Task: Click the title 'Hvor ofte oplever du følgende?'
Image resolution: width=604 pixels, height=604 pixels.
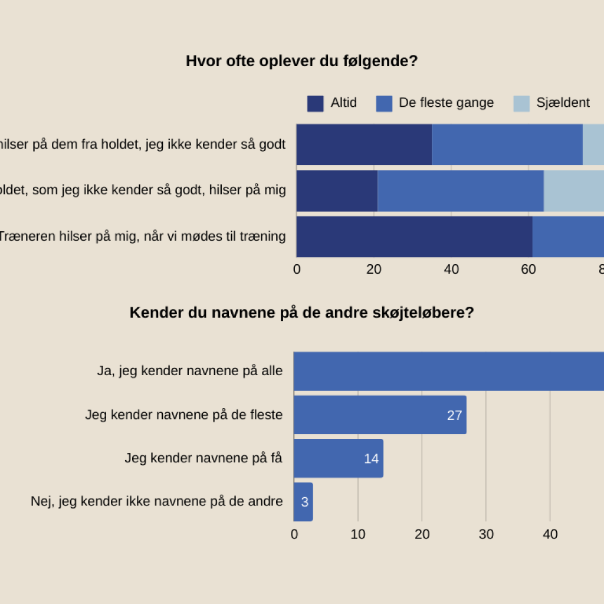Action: pyautogui.click(x=301, y=61)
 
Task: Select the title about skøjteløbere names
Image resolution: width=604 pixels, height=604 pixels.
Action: pyautogui.click(x=301, y=313)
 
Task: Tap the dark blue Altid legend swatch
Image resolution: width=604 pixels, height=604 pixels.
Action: pyautogui.click(x=315, y=103)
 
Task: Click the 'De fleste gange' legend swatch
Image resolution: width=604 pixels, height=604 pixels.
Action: pyautogui.click(x=384, y=103)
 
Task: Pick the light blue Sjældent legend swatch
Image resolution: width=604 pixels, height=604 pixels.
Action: pyautogui.click(x=521, y=103)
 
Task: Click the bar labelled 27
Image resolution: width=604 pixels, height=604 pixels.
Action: pyautogui.click(x=380, y=415)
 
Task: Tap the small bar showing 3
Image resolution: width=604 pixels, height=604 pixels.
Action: pyautogui.click(x=303, y=502)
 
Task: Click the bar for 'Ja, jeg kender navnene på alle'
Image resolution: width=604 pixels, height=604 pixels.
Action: pyautogui.click(x=448, y=371)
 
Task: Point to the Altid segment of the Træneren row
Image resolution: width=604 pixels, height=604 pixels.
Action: pyautogui.click(x=414, y=237)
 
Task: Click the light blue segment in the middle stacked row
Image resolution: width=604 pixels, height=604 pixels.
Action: pyautogui.click(x=573, y=191)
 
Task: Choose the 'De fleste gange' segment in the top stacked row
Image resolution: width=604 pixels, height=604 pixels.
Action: pyautogui.click(x=507, y=145)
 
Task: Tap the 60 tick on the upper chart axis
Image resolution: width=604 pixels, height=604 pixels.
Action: pyautogui.click(x=528, y=270)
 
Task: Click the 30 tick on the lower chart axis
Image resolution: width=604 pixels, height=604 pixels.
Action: pyautogui.click(x=486, y=534)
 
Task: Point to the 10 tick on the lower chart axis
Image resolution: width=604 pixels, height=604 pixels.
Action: pyautogui.click(x=358, y=534)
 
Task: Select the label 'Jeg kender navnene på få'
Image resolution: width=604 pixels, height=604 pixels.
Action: pyautogui.click(x=203, y=458)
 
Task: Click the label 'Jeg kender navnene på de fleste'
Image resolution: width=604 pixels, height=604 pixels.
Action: pyautogui.click(x=183, y=415)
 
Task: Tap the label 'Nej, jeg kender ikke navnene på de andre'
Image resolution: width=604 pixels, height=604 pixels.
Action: pyautogui.click(x=156, y=501)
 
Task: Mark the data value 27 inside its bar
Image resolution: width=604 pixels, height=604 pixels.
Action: pyautogui.click(x=454, y=415)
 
